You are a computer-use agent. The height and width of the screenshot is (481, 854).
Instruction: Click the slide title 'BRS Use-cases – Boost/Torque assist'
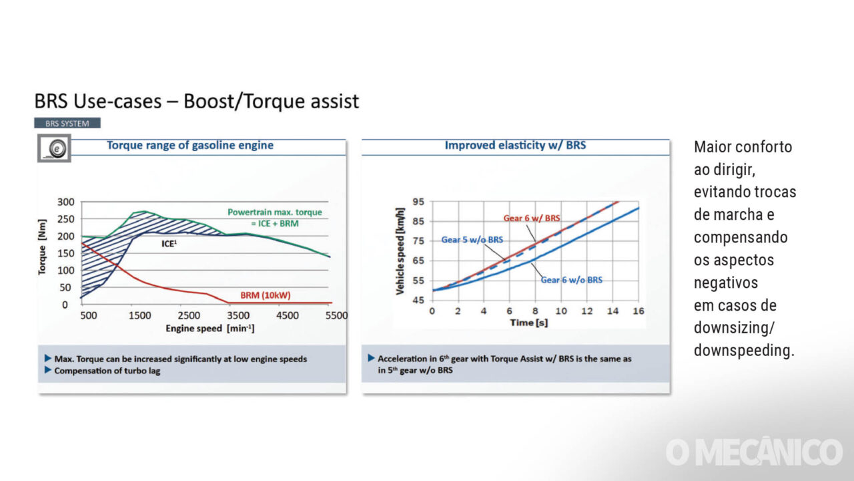[x=197, y=102]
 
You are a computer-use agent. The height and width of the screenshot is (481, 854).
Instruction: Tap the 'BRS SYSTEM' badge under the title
[x=67, y=123]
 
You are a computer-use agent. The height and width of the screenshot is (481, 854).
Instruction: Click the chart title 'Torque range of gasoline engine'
[x=190, y=145]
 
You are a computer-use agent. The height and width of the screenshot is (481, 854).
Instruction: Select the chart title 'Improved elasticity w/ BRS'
[x=515, y=145]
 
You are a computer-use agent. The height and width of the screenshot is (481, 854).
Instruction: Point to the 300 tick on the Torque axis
[x=67, y=202]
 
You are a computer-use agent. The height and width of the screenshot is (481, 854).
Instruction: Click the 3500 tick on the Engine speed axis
[x=238, y=315]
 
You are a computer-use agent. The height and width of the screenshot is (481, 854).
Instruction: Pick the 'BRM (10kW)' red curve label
[x=265, y=295]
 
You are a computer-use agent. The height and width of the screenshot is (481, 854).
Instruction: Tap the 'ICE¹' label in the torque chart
[x=169, y=244]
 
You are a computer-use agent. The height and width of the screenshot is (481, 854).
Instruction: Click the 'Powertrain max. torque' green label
[x=274, y=212]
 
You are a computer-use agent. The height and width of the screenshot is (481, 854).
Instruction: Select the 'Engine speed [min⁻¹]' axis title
[x=209, y=328]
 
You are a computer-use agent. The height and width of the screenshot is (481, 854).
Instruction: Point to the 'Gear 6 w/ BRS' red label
[x=532, y=218]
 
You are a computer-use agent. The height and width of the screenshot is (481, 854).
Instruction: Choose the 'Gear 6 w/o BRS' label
[x=571, y=280]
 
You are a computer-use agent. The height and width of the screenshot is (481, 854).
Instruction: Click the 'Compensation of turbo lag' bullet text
[x=107, y=371]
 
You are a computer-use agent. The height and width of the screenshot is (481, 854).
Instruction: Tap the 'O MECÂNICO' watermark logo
[x=754, y=452]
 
